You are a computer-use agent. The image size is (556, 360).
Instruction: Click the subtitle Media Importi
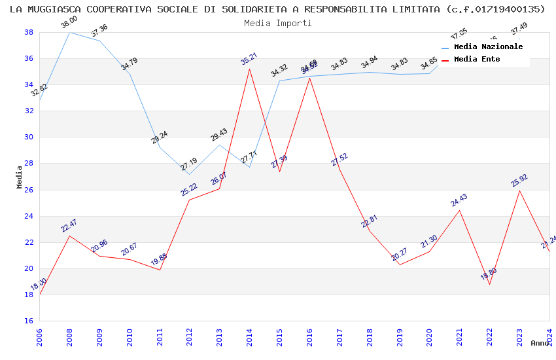[x=278, y=23]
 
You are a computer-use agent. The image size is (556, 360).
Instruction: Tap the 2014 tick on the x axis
[x=249, y=334]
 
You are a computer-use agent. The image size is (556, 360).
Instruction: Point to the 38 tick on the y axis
[x=29, y=32]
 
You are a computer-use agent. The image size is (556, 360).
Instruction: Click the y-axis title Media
[x=20, y=177]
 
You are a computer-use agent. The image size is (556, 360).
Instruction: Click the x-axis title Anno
[x=540, y=343]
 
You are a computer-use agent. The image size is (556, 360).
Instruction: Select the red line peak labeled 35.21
[x=249, y=69]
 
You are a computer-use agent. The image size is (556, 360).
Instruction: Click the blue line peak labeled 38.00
[x=69, y=32]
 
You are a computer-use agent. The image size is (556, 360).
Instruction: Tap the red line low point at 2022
[x=489, y=284]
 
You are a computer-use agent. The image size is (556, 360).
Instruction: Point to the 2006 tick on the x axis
[x=39, y=334]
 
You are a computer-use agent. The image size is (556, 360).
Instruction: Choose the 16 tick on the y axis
[x=29, y=321]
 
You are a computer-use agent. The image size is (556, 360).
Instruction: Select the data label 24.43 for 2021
[x=459, y=200]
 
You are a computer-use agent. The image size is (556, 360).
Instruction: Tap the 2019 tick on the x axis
[x=400, y=334]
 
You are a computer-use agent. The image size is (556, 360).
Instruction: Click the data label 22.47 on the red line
[x=69, y=226]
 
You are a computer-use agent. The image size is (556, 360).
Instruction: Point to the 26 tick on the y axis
[x=29, y=190]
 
